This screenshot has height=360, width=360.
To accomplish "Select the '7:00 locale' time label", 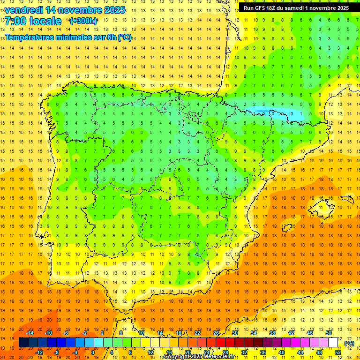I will click(33, 21).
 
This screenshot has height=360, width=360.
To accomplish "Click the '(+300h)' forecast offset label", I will click(83, 21).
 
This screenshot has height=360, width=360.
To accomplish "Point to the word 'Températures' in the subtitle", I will click(32, 37).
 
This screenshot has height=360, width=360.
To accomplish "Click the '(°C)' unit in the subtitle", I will click(125, 37).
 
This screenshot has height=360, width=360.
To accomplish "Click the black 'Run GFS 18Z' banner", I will click(296, 8).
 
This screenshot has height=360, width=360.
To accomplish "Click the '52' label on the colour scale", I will click(337, 352).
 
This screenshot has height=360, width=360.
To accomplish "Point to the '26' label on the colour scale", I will click(216, 333).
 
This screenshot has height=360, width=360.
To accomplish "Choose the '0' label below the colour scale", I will click(93, 352).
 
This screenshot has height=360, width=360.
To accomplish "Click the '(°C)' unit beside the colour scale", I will click(349, 343).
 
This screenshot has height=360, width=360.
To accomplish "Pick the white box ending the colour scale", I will click(333, 343).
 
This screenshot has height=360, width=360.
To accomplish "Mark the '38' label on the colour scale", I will click(272, 333).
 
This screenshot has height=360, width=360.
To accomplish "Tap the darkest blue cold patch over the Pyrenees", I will click(262, 112).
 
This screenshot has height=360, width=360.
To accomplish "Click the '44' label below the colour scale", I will click(300, 352).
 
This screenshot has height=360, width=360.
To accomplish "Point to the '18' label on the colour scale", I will click(179, 333).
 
